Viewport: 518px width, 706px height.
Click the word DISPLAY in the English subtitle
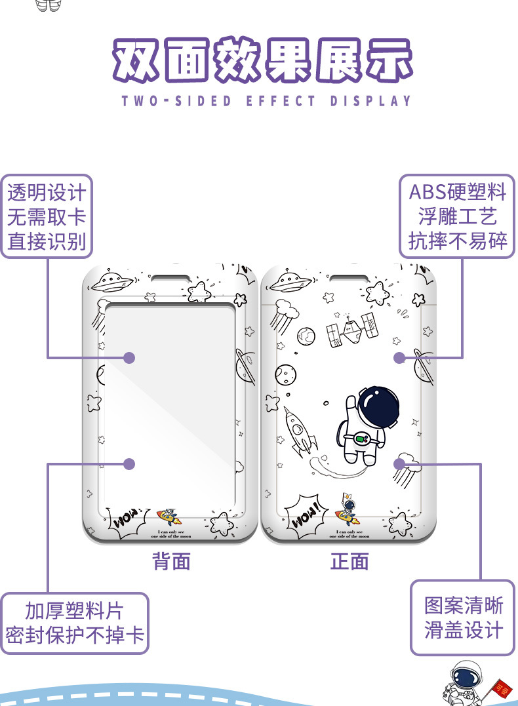point(370,101)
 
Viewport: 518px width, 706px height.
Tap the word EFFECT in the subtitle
point(281,101)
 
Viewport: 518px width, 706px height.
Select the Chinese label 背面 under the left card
point(171,561)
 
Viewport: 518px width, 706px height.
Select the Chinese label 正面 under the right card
point(349,561)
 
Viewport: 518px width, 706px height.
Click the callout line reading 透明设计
point(47,193)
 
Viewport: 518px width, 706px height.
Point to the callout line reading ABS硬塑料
point(458,192)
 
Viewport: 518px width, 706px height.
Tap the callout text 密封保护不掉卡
point(75,635)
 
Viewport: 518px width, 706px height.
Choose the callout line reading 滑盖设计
point(464,630)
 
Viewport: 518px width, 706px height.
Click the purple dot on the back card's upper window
point(129,357)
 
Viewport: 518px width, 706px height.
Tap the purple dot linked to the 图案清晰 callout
point(399,463)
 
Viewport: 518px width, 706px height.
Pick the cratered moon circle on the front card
point(285,374)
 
